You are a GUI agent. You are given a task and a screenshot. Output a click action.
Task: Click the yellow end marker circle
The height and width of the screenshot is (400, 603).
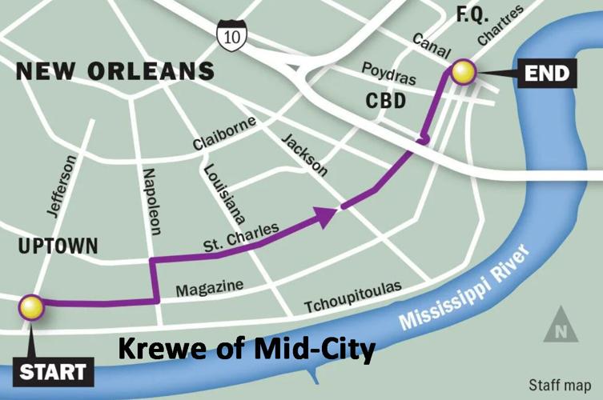[464, 73]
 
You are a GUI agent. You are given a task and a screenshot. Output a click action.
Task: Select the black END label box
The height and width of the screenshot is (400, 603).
[547, 74]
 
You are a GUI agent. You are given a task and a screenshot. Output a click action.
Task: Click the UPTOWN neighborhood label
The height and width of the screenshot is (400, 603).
[58, 246]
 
